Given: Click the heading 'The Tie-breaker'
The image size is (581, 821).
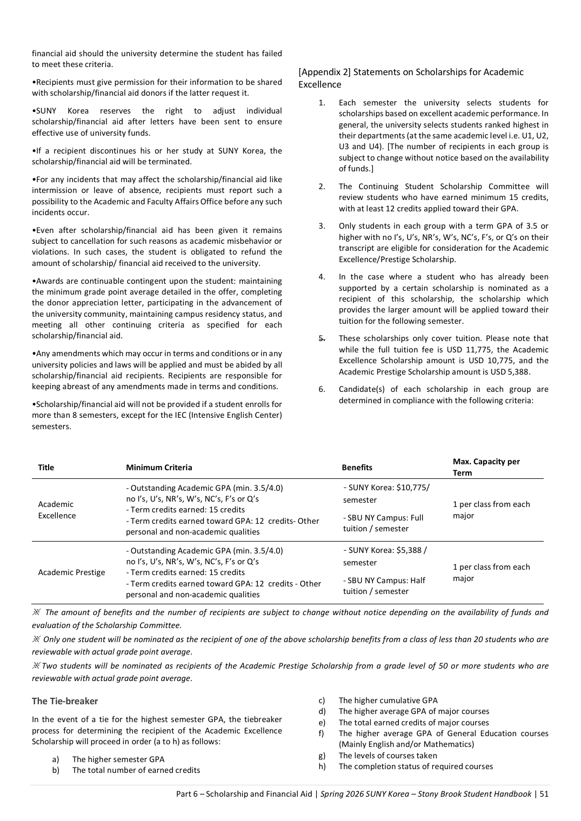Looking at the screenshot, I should (x=65, y=701).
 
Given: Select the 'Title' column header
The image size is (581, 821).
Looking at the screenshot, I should (x=46, y=468).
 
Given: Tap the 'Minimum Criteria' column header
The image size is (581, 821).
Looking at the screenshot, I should (x=159, y=468).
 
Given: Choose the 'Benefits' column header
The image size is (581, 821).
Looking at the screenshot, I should (x=357, y=468).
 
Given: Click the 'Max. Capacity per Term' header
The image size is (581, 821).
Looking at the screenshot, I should (x=486, y=467).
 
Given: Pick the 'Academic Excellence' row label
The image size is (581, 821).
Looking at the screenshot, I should (x=57, y=510).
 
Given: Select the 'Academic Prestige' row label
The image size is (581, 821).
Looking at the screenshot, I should (x=71, y=572).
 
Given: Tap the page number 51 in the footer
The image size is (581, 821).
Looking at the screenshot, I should (x=544, y=794).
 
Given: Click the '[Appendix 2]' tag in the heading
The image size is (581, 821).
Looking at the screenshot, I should (x=323, y=72).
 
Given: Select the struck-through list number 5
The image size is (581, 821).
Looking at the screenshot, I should (x=322, y=338).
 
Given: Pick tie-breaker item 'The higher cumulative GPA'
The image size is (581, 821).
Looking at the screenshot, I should (x=388, y=700).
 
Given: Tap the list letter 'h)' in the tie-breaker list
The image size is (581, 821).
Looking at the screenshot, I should (x=322, y=766).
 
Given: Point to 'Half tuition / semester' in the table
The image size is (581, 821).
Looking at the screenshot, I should (x=384, y=586).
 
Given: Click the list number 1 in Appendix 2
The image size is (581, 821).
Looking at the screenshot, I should (x=322, y=103).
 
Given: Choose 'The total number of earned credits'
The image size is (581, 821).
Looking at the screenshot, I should (x=136, y=770).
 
